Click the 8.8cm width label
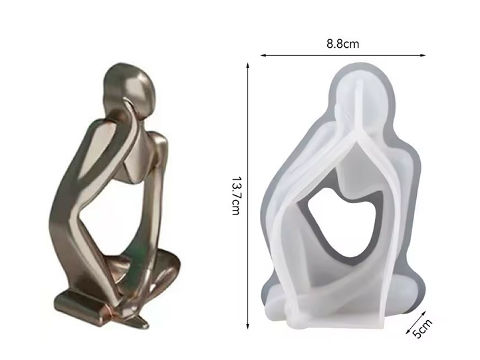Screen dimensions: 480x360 click(x=342, y=44)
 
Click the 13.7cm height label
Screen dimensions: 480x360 click(x=235, y=196)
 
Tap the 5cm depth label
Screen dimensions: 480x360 click(x=423, y=329)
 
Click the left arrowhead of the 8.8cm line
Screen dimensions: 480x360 click(x=263, y=55)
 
